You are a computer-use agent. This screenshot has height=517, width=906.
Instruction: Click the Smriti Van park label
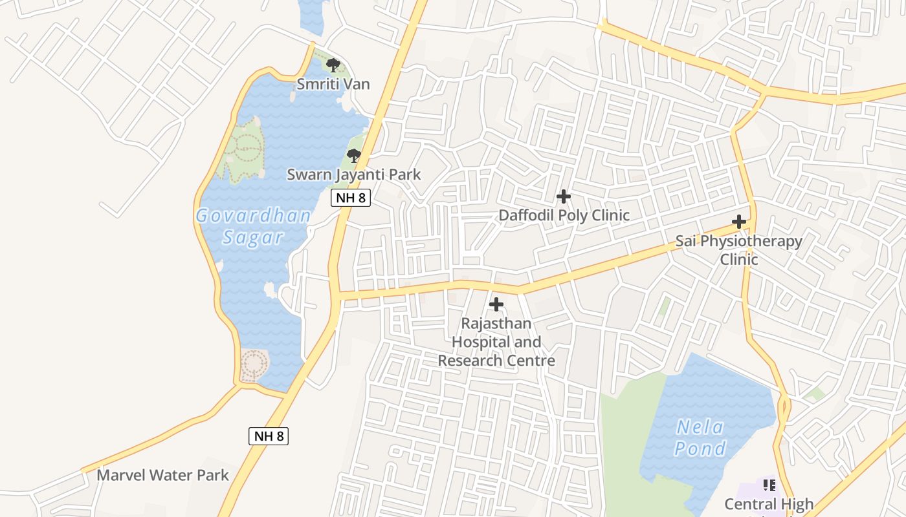pos(333,84)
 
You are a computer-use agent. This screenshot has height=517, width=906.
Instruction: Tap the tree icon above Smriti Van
pos(333,65)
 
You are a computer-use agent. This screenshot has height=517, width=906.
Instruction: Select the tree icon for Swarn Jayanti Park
pos(353,155)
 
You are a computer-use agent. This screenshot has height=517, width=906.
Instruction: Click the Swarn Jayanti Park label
pos(353,174)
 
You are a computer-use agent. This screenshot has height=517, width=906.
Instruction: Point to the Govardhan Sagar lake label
pos(253,226)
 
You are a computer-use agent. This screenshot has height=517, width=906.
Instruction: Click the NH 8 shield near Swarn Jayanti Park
pos(351,198)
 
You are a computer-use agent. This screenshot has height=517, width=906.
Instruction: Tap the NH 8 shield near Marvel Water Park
pos(269,436)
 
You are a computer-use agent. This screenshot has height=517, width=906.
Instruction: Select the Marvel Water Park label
pos(162,475)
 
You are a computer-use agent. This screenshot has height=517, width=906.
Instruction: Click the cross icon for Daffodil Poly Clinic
pos(564,196)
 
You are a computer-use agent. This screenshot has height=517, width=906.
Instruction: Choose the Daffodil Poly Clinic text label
pos(564,215)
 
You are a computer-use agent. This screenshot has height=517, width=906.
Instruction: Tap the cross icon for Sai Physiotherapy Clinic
pos(738,222)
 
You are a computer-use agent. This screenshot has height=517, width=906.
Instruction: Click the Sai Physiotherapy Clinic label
pos(738,250)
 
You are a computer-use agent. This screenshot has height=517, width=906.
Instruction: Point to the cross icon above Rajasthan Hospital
pos(496,304)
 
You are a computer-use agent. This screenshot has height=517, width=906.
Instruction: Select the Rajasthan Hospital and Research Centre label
pos(496,342)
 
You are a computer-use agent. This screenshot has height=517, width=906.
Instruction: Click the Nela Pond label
pos(700,438)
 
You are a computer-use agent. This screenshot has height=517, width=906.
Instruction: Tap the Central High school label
pos(769,504)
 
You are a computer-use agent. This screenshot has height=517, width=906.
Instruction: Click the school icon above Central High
pos(769,485)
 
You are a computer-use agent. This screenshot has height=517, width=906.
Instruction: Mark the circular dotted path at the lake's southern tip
pos(254,366)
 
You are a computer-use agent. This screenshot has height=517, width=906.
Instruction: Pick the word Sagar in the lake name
pos(253,238)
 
